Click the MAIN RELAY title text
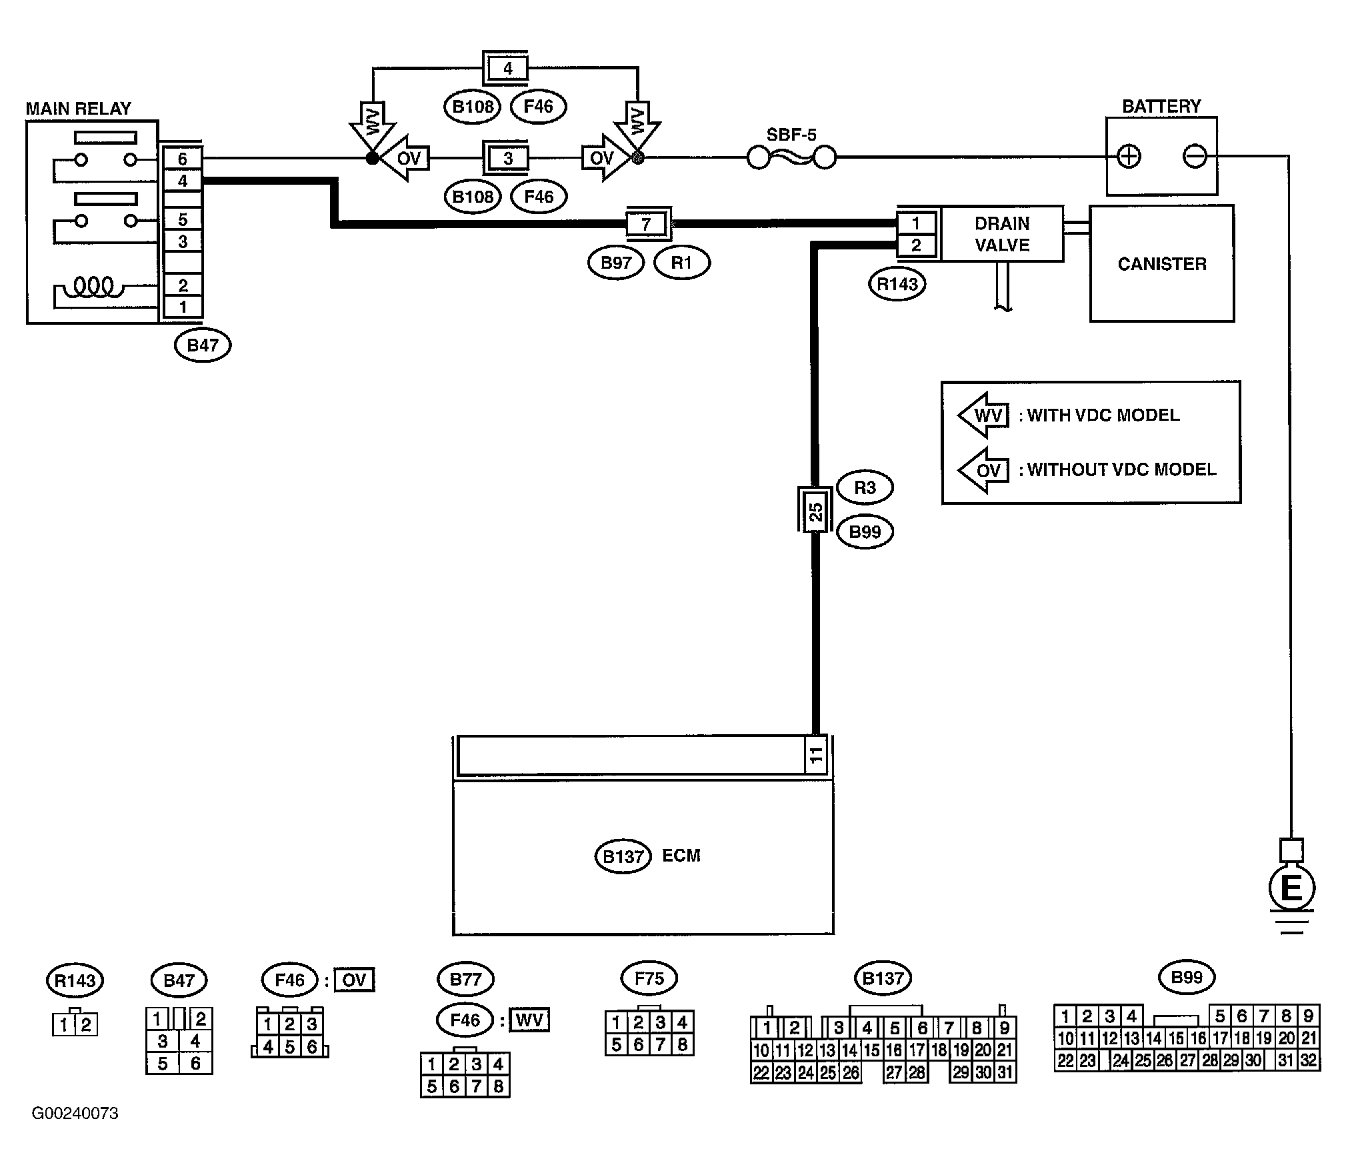tap(79, 109)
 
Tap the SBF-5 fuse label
tap(791, 135)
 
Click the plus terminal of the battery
tap(1129, 157)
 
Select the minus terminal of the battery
tap(1194, 157)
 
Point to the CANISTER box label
tap(1162, 264)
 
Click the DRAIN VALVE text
tap(1002, 234)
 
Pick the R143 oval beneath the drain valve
tap(897, 285)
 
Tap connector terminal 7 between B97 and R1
tap(646, 224)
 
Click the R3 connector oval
tap(865, 487)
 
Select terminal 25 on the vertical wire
tap(815, 511)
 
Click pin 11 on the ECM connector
tap(816, 755)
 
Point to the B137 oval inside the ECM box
tap(623, 856)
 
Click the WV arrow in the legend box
tap(984, 415)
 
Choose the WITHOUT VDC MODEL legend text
tap(1122, 469)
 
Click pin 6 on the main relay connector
tap(183, 159)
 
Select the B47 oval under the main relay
tap(203, 345)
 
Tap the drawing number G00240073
tap(75, 1113)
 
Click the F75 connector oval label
tap(649, 978)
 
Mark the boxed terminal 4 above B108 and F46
tap(507, 68)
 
